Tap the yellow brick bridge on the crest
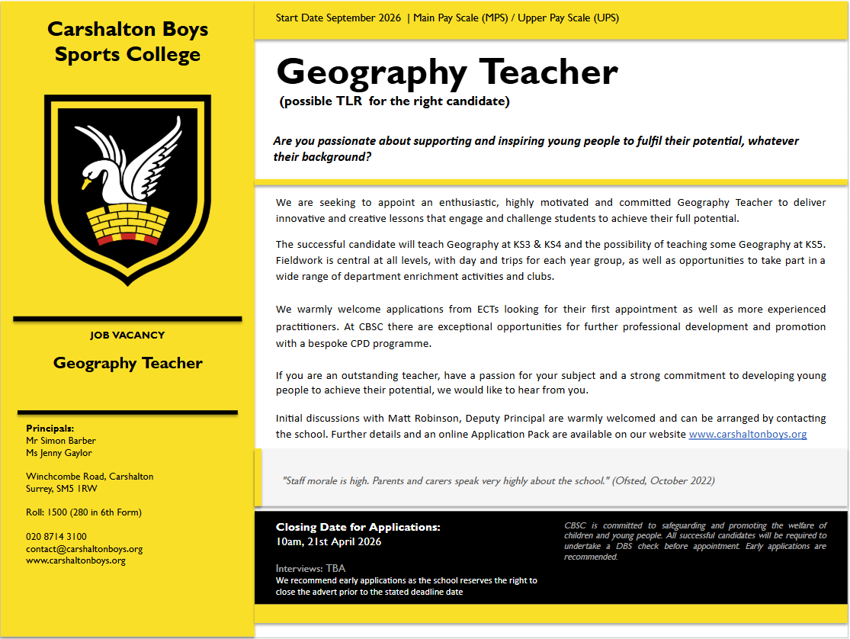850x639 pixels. [127, 224]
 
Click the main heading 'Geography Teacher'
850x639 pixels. [447, 72]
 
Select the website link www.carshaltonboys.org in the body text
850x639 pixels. [747, 434]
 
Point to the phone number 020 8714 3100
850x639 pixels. [56, 537]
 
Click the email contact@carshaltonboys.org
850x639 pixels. [84, 548]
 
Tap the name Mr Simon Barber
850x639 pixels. [61, 440]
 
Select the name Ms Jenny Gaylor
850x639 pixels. [59, 452]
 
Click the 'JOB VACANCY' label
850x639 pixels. [127, 335]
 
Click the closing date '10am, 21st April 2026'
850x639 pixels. [329, 541]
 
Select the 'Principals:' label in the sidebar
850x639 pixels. [50, 429]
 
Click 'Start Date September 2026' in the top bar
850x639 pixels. [338, 18]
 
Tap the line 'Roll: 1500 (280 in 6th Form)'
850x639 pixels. [84, 512]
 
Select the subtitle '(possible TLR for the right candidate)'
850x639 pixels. [395, 101]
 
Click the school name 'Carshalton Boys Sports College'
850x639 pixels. [127, 42]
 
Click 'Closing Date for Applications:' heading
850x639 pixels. [358, 527]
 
